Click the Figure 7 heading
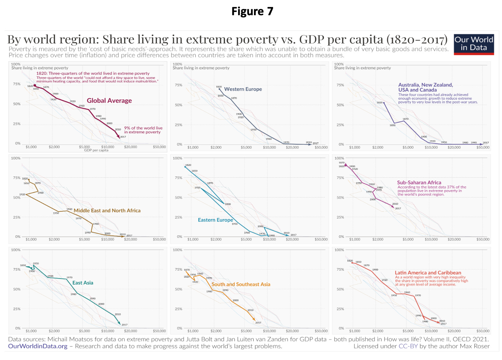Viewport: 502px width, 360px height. click(252, 11)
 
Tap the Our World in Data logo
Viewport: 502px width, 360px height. click(474, 44)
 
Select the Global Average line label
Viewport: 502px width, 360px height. click(109, 101)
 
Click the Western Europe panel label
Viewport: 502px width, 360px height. click(243, 89)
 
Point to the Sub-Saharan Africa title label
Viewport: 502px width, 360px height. click(419, 183)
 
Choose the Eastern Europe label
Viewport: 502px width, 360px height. click(215, 220)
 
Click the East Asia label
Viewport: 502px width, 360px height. click(83, 283)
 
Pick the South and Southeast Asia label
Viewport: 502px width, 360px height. click(241, 284)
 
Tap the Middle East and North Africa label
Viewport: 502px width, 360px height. click(107, 211)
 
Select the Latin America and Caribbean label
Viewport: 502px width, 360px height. click(428, 273)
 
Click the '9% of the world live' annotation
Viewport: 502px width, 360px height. click(143, 128)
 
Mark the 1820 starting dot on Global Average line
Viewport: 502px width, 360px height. click(35, 85)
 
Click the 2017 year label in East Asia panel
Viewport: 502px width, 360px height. click(124, 325)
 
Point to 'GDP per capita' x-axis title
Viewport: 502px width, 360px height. click(96, 150)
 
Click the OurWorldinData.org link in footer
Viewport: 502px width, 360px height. click(38, 346)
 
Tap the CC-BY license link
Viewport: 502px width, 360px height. click(408, 346)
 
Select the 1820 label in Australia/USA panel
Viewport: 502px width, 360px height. click(379, 102)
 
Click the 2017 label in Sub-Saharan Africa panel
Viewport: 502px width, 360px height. click(398, 208)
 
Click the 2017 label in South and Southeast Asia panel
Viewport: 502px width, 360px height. click(258, 323)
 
